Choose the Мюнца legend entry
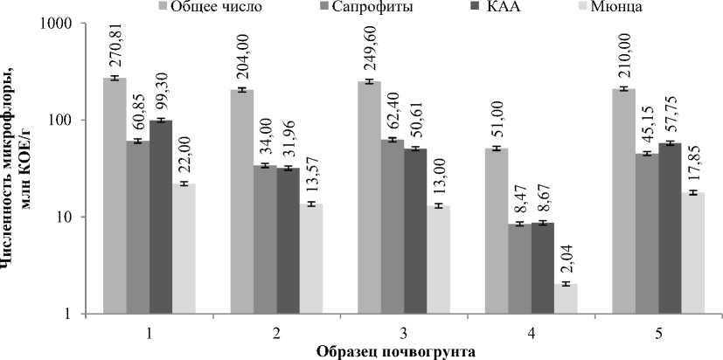coord(595,8)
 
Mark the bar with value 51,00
coord(496,231)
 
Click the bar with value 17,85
coord(693,253)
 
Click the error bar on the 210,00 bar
coord(623,89)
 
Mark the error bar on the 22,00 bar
coord(184,183)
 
